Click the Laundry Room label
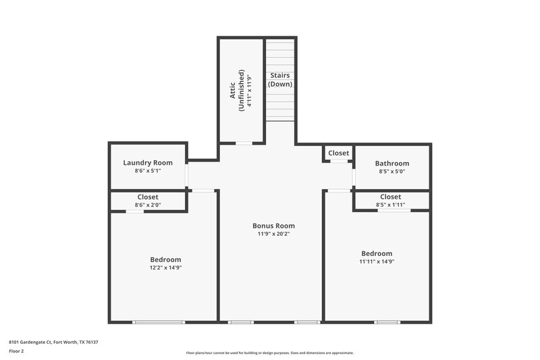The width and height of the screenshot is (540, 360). point(148,163)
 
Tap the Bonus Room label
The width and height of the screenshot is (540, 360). point(273,226)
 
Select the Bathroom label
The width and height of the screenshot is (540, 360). point(392,163)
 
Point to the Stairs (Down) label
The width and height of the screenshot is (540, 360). point(280,80)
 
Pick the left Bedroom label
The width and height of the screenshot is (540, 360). point(165,259)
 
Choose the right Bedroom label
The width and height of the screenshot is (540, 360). point(376,253)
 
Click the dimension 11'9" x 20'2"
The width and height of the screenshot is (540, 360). point(273,234)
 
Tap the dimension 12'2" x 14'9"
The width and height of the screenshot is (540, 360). point(165,268)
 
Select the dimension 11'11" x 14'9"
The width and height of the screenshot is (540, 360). point(376,262)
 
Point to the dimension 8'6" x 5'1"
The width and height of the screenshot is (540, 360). point(148,172)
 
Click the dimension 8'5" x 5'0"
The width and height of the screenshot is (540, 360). point(392,172)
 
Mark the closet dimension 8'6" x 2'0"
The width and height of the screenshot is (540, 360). point(148,205)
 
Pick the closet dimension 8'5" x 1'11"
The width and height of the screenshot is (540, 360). point(391,205)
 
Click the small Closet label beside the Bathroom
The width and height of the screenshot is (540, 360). point(338,153)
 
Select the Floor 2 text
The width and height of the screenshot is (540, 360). point(17,351)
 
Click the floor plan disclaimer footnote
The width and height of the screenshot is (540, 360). point(269,353)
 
